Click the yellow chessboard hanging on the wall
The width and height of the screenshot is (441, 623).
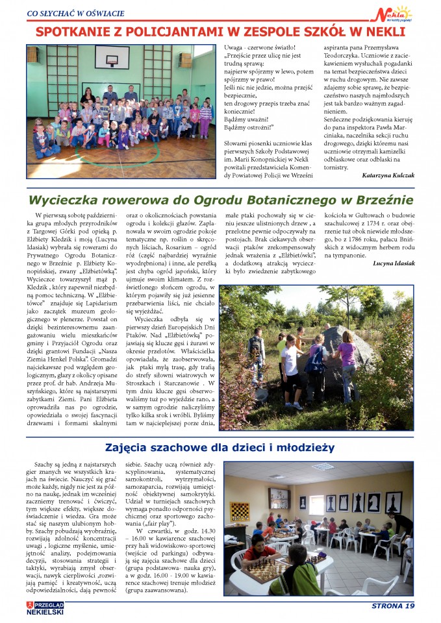[x=240, y=511]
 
